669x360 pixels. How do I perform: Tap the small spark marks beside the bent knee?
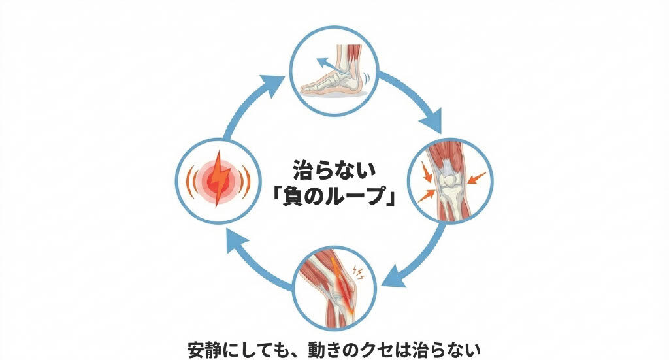pos(357,269)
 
